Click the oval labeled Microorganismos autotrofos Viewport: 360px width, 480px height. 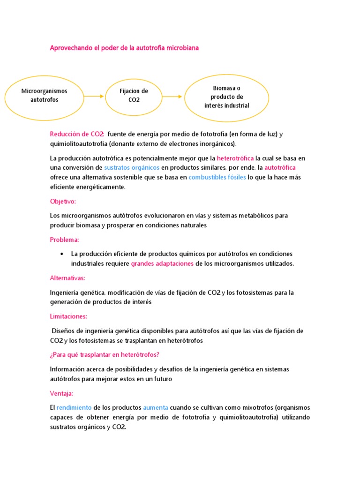(45, 96)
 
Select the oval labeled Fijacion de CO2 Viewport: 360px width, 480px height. (134, 96)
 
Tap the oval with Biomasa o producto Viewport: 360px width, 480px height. (227, 97)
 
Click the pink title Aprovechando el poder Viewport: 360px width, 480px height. (124, 48)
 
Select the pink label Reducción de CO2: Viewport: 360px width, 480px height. (77, 134)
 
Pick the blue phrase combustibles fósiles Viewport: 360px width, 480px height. (217, 177)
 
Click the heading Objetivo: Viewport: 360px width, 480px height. (63, 202)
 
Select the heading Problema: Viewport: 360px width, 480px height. (65, 240)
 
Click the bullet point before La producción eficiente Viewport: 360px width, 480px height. (62, 254)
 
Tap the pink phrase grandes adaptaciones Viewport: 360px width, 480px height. (162, 263)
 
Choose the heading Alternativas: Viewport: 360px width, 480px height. (67, 278)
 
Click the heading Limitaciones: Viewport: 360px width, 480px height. (68, 317)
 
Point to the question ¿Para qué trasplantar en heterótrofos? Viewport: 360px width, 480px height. (107, 354)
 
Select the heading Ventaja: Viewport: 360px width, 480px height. (61, 393)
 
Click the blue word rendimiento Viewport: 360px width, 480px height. (74, 408)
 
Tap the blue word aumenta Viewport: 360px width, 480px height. (156, 408)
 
